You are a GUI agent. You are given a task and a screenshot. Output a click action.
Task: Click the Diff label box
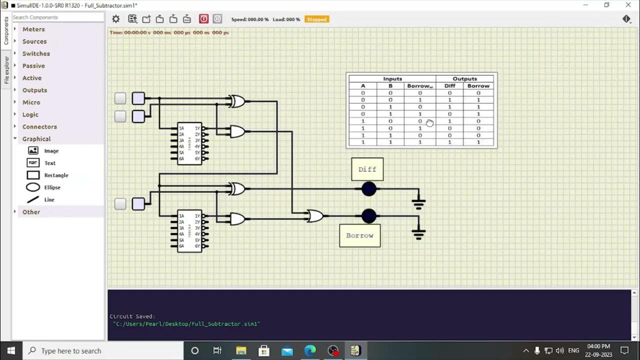367,169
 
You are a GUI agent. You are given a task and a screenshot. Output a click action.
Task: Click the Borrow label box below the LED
359,235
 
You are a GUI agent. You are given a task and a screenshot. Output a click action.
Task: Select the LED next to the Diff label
369,189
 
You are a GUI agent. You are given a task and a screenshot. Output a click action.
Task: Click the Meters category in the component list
33,29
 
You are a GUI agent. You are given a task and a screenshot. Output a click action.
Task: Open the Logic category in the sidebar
30,114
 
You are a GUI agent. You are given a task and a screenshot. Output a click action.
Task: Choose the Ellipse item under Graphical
52,187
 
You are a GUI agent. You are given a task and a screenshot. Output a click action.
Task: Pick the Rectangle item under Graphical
56,175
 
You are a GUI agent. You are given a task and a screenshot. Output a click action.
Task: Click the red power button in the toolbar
204,19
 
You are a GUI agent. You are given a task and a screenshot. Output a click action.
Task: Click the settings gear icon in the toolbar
116,19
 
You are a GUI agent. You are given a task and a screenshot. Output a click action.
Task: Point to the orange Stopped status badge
317,19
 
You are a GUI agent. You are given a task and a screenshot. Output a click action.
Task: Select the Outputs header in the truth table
464,78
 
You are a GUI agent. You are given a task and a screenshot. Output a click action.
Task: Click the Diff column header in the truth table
449,86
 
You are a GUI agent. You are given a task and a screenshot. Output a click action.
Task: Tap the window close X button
628,5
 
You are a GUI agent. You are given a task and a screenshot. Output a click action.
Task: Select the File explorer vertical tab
6,70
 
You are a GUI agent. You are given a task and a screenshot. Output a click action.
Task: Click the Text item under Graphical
49,163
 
